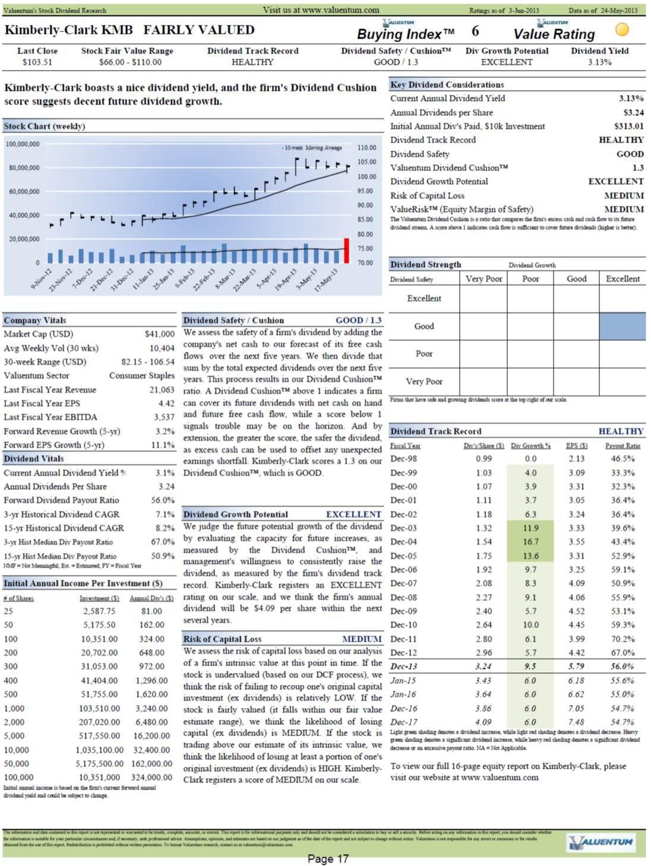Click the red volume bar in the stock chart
pos(346,251)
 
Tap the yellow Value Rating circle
pos(622,29)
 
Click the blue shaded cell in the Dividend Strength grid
pos(622,326)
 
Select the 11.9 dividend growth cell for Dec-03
pos(530,528)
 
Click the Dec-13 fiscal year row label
pos(404,666)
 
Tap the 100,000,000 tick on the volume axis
pos(23,144)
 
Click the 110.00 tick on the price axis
pos(367,147)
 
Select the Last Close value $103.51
pos(37,62)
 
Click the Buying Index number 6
pos(475,31)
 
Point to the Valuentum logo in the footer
pos(601,842)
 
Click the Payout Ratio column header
pos(622,445)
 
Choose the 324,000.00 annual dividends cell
pos(151,777)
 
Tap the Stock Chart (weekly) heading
pos(45,126)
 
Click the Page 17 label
pos(327,858)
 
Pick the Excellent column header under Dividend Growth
pos(622,279)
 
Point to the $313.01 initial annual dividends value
pos(628,126)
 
